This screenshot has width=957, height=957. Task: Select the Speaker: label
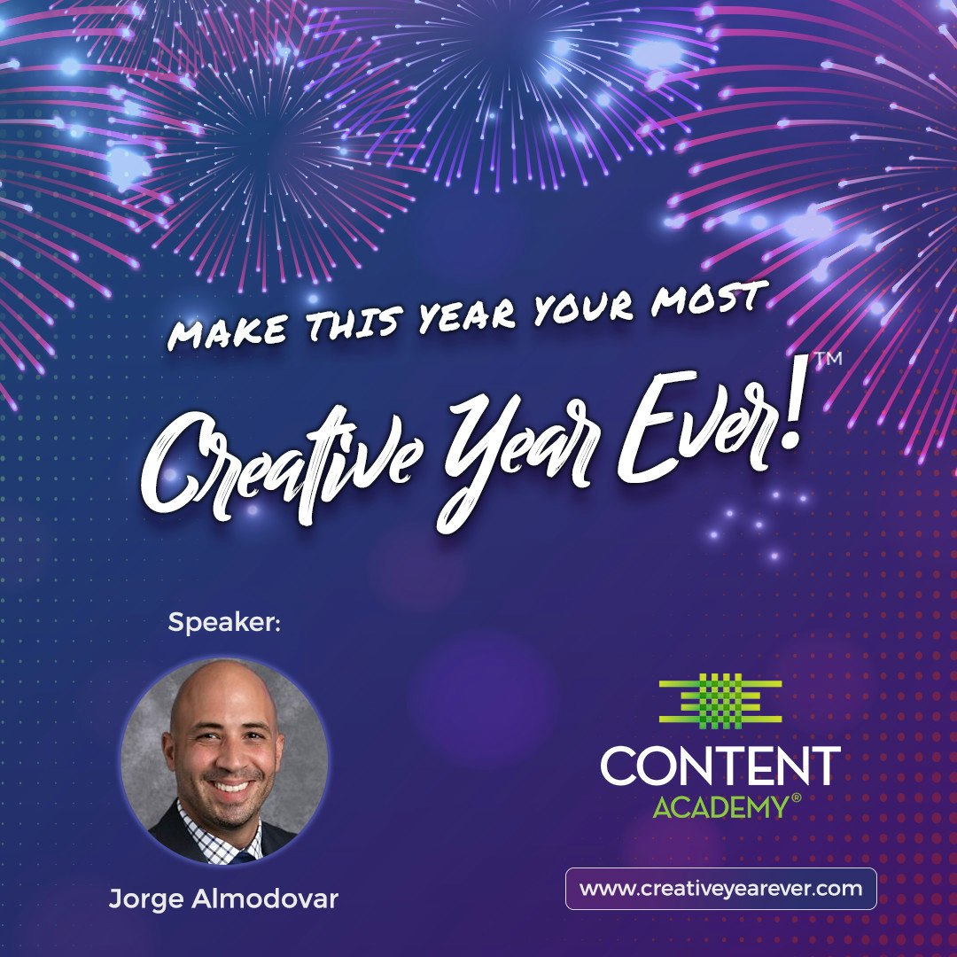(x=224, y=623)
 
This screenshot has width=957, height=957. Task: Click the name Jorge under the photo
(x=143, y=899)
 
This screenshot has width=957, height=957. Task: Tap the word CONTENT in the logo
(x=720, y=766)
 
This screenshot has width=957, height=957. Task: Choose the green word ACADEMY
(x=720, y=806)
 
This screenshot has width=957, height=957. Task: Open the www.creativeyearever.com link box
(x=720, y=889)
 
